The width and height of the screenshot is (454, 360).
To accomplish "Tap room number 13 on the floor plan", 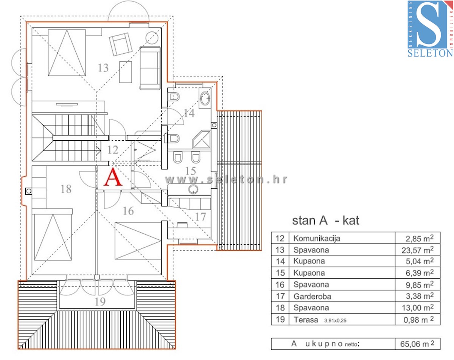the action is pyautogui.click(x=103, y=68).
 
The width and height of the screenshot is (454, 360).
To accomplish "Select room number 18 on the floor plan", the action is pyautogui.click(x=66, y=189).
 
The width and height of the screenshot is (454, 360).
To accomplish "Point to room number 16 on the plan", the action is pyautogui.click(x=128, y=211).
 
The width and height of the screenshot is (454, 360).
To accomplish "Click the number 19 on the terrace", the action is pyautogui.click(x=100, y=302).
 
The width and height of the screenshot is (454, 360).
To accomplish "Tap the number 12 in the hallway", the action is pyautogui.click(x=113, y=150).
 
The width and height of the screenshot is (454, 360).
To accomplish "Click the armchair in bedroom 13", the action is pyautogui.click(x=121, y=44).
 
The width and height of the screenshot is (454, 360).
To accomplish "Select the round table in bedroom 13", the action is pyautogui.click(x=152, y=38).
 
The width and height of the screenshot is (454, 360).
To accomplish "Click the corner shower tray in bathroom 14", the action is pyautogui.click(x=202, y=140).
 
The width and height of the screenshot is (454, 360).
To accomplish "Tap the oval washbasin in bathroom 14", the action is pyautogui.click(x=205, y=98).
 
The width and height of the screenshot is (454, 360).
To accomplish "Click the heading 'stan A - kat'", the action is pyautogui.click(x=325, y=220).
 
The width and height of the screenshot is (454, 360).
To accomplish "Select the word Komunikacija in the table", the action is pyautogui.click(x=317, y=239).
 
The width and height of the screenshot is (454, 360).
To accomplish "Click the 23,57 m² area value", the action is pyautogui.click(x=418, y=250).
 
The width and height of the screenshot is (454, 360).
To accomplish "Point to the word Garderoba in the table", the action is pyautogui.click(x=312, y=296).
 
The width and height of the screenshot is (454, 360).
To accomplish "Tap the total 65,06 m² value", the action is pyautogui.click(x=417, y=344).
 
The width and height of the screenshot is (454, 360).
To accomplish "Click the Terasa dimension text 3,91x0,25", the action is pyautogui.click(x=335, y=321).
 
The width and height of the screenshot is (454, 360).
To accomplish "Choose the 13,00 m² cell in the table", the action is pyautogui.click(x=418, y=308).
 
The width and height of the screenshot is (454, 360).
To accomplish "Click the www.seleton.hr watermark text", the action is pyautogui.click(x=226, y=180).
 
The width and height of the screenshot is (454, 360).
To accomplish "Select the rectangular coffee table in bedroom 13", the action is pyautogui.click(x=126, y=72).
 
